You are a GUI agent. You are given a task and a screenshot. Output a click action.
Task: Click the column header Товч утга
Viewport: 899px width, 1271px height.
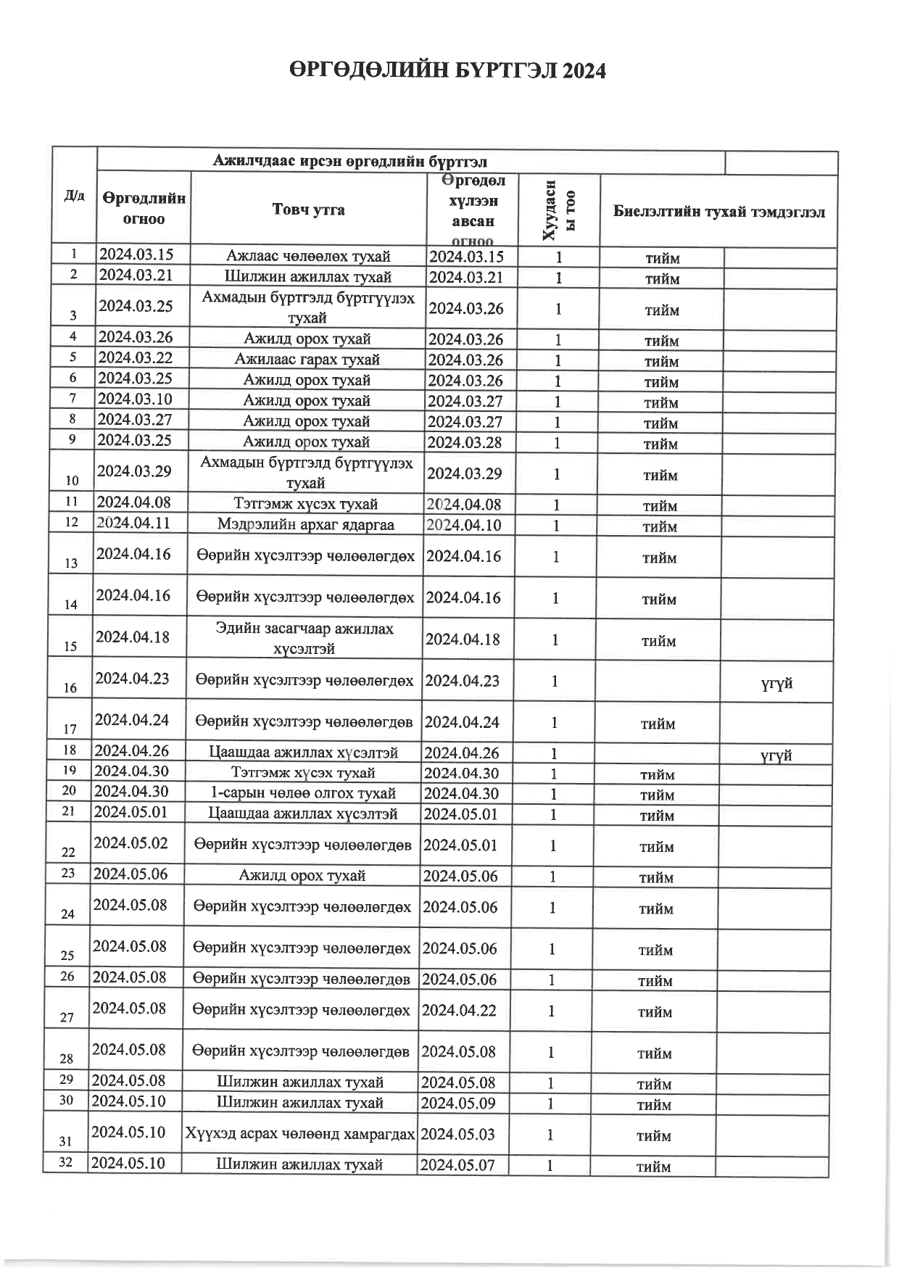pos(308,210)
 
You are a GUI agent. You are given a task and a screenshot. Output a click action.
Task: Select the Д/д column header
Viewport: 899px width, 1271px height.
pos(74,196)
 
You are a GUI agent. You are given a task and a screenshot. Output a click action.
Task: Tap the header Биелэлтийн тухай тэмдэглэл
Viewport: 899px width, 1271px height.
pos(718,212)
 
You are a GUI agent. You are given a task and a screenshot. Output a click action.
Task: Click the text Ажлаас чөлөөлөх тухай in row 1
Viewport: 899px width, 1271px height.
pos(308,256)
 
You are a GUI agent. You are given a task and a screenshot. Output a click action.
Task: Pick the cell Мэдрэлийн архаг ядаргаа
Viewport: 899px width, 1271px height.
pos(305,524)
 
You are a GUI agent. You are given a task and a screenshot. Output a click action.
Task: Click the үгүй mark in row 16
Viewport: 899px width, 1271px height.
pos(776,683)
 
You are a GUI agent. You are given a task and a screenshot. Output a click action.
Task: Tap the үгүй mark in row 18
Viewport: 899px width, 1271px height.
pos(776,755)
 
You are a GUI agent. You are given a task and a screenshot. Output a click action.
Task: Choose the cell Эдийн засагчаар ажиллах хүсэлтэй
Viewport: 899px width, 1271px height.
pos(304,639)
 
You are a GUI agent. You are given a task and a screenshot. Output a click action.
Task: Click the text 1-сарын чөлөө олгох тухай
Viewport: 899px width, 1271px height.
pos(302,793)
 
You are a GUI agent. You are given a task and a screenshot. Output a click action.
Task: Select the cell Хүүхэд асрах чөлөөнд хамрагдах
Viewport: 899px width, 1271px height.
pos(299,1134)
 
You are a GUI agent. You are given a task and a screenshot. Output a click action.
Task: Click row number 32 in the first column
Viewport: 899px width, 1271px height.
pos(66,1163)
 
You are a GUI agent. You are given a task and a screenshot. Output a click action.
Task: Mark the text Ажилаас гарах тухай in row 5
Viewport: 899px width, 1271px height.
pos(307,360)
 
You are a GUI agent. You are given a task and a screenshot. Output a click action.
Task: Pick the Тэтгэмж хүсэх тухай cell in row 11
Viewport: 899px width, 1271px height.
pos(306,504)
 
